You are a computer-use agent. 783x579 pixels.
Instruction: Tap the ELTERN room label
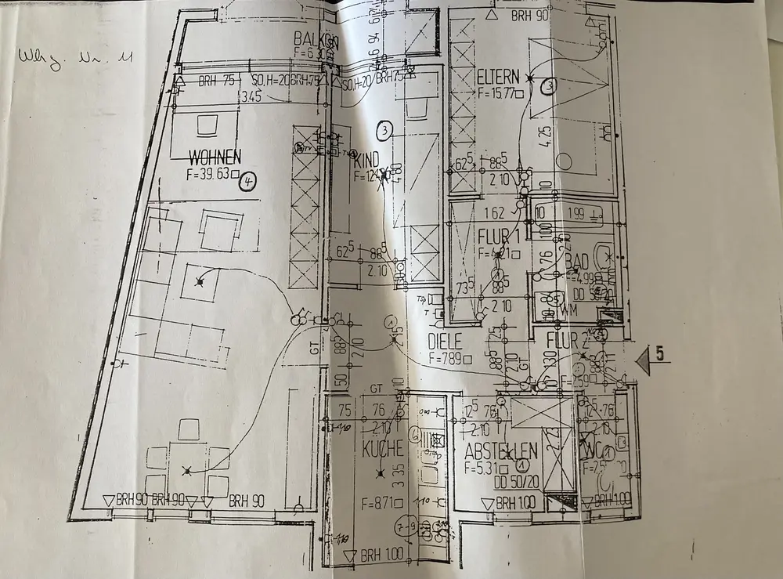pyautogui.click(x=497, y=77)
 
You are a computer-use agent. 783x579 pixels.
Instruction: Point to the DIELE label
pyautogui.click(x=446, y=342)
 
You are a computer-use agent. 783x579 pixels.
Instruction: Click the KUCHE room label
pyautogui.click(x=383, y=449)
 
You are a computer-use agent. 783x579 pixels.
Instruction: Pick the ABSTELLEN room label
pyautogui.click(x=500, y=451)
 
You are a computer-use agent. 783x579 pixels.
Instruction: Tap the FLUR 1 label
pyautogui.click(x=498, y=235)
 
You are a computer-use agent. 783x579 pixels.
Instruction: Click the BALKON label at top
pyautogui.click(x=315, y=38)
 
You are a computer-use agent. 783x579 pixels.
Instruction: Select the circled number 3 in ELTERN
pyautogui.click(x=550, y=85)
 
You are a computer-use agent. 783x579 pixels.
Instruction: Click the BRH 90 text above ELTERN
pyautogui.click(x=532, y=15)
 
